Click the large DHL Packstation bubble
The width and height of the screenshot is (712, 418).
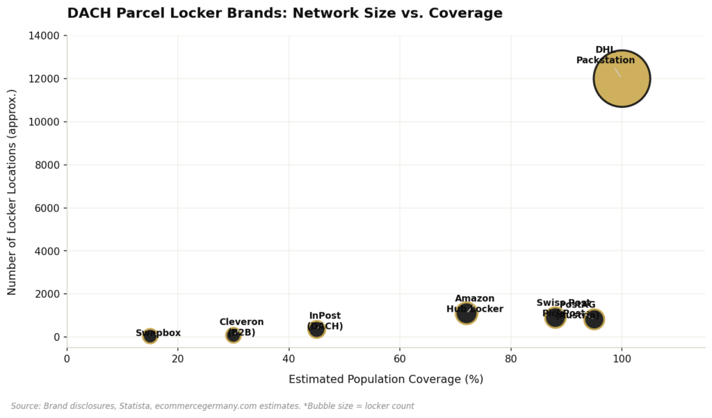[x=622, y=79]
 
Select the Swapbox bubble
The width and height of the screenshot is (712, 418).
[x=149, y=336]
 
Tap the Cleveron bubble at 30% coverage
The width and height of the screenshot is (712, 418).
[x=233, y=335]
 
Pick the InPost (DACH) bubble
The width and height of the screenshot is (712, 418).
[x=316, y=329]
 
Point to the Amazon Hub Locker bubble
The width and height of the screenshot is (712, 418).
[x=467, y=313]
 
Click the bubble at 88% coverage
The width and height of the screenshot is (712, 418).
[x=555, y=318]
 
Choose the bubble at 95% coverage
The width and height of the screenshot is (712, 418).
[x=594, y=319]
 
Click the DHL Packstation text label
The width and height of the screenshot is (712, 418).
[x=605, y=55]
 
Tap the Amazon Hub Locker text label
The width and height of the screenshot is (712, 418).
[x=475, y=304]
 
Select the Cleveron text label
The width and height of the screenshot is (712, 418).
[x=241, y=327]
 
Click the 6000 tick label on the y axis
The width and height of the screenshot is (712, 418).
[x=49, y=208]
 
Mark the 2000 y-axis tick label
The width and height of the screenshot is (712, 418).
[x=49, y=294]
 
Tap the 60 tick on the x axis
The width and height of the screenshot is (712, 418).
[x=400, y=359]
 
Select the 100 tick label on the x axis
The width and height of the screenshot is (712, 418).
[x=622, y=359]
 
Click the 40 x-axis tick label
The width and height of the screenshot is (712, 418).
[x=289, y=359]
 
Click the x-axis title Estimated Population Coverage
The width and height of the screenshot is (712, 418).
[x=386, y=379]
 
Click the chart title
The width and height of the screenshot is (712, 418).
[x=284, y=13]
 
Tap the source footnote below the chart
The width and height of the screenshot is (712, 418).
[x=212, y=406]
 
